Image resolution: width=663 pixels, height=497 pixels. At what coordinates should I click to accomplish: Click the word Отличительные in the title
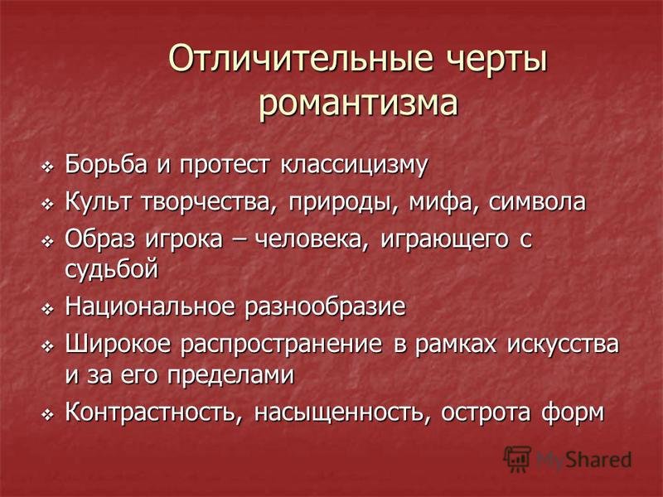pos(299,60)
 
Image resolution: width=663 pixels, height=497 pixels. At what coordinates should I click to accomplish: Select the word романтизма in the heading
pos(357,104)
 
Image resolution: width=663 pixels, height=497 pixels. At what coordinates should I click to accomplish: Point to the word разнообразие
pos(325,307)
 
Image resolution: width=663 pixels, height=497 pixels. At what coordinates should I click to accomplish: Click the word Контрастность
pos(153,412)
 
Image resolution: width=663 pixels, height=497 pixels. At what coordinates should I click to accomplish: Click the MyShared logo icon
pos(517,458)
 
